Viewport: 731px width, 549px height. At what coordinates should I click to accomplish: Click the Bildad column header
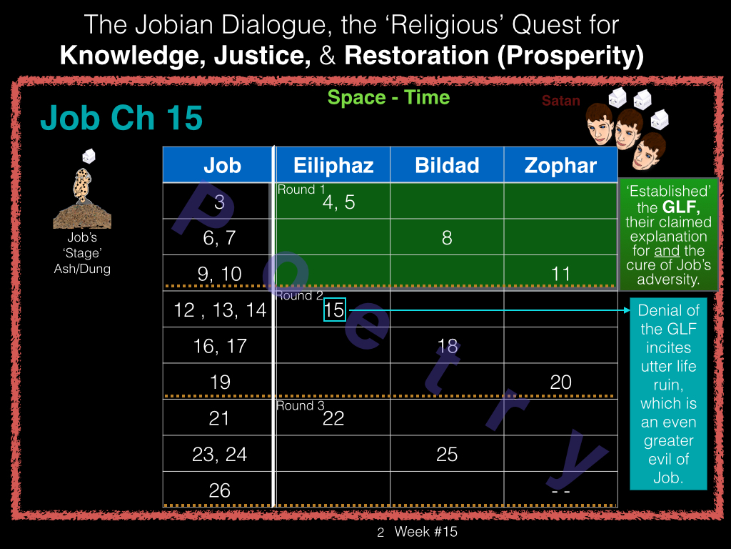pos(447,165)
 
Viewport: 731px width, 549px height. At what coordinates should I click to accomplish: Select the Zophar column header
pos(560,165)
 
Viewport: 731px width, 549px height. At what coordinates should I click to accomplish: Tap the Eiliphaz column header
pos(333,165)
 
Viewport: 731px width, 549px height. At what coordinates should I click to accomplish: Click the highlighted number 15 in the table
pos(335,310)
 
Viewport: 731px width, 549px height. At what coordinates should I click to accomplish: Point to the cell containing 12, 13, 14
pos(219,310)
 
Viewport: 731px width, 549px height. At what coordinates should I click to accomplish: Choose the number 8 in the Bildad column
pos(447,237)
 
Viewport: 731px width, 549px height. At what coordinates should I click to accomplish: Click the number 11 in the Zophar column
pos(560,274)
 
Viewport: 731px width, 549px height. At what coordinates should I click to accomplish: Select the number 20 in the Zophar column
pos(560,382)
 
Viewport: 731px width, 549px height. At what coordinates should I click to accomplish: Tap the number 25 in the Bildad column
pos(447,454)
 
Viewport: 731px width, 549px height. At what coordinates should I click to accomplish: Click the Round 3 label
pos(301,405)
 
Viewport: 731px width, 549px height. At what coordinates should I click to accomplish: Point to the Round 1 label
pos(301,189)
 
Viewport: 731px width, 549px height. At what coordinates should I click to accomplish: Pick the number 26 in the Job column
pos(220,490)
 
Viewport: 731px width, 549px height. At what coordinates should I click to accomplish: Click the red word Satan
pos(561,100)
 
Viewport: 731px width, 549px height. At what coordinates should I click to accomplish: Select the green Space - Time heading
pos(388,97)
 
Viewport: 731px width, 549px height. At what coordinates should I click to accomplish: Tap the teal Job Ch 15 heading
pos(121,117)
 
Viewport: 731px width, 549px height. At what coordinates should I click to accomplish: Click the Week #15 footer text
pos(425,531)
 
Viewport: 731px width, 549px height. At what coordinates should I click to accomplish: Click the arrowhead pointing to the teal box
pos(627,310)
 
